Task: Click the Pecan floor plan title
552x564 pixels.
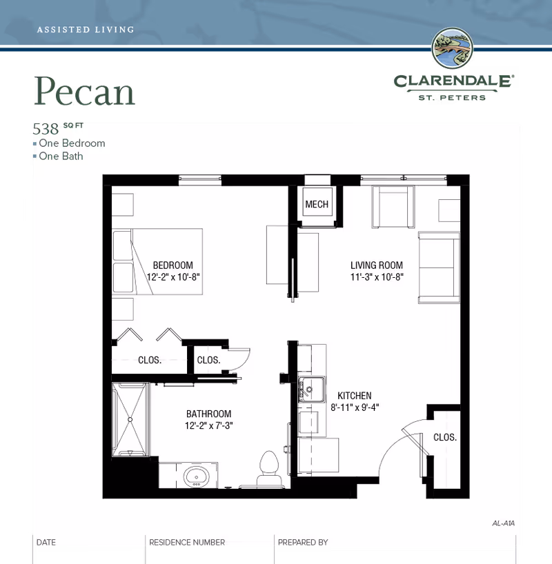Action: (85, 92)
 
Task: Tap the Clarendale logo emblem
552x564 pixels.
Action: (453, 50)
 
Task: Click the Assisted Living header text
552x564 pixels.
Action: (85, 30)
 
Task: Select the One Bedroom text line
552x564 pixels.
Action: (72, 143)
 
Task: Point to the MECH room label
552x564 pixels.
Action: (317, 205)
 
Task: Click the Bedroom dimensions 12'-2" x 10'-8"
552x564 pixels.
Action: (172, 276)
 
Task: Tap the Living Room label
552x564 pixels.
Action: (376, 265)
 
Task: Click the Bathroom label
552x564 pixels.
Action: (208, 414)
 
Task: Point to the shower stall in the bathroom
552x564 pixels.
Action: (130, 419)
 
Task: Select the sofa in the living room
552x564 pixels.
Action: (438, 268)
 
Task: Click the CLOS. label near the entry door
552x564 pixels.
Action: (444, 437)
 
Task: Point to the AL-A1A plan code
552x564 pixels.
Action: (504, 523)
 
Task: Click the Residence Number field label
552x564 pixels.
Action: (187, 543)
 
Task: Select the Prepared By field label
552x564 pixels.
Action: (302, 543)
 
